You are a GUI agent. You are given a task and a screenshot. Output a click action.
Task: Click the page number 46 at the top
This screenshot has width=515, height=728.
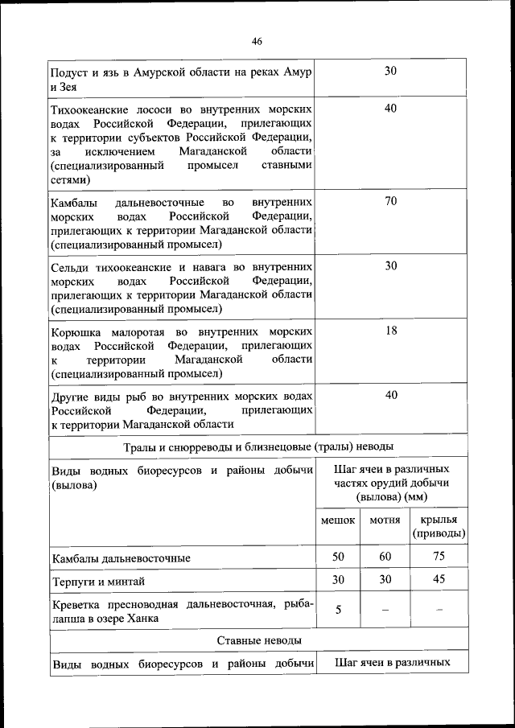tap(257, 41)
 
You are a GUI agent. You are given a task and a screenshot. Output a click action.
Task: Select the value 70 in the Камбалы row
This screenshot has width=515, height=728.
tap(390, 201)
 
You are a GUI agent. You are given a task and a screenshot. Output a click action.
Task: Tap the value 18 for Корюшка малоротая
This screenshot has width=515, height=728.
tap(390, 331)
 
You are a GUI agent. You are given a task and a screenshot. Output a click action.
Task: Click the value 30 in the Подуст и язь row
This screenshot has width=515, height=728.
tap(390, 71)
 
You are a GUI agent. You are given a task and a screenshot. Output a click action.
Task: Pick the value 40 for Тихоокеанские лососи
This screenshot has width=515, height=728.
tap(390, 108)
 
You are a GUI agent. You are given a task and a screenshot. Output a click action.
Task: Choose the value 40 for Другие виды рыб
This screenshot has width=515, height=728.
tap(390, 395)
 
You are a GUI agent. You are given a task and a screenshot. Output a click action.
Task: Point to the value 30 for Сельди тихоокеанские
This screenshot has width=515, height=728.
tap(390, 265)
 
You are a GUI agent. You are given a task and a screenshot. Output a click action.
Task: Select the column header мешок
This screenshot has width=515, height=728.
tap(338, 520)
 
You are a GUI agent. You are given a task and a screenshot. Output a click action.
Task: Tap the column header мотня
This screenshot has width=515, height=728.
tap(385, 520)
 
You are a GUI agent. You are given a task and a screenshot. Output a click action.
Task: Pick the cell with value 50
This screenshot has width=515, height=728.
tap(338, 557)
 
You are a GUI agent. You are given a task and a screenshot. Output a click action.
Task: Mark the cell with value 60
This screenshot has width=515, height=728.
tap(385, 557)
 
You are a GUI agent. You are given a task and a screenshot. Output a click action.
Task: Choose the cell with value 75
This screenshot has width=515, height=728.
tap(439, 557)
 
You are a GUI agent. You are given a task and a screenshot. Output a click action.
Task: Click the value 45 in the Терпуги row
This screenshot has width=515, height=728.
tap(439, 580)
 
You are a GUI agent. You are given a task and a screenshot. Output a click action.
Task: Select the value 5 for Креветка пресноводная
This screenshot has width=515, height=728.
tap(338, 610)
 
